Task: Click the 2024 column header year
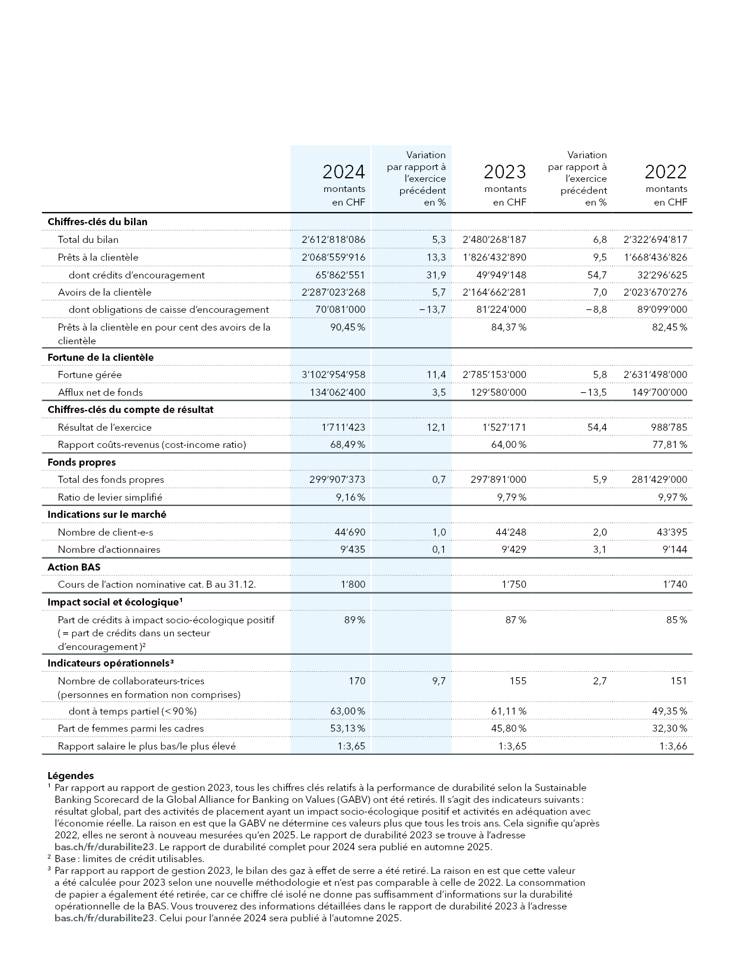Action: tap(343, 172)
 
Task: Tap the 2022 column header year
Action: tap(665, 172)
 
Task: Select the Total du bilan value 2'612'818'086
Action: tap(333, 240)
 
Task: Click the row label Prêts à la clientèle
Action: tap(98, 258)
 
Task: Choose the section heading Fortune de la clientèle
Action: tap(100, 357)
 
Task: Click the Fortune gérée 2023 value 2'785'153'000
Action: tap(494, 374)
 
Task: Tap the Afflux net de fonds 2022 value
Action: tap(659, 392)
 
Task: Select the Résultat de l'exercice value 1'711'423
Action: tap(343, 427)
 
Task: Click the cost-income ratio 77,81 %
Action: tap(669, 444)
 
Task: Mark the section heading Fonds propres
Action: tap(81, 462)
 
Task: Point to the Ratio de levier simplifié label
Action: tap(110, 497)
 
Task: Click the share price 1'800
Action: tap(353, 584)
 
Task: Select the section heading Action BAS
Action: tap(73, 567)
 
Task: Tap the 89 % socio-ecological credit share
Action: tap(354, 620)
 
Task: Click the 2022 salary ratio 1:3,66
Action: tap(673, 746)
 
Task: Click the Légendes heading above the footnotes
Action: tap(71, 776)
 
